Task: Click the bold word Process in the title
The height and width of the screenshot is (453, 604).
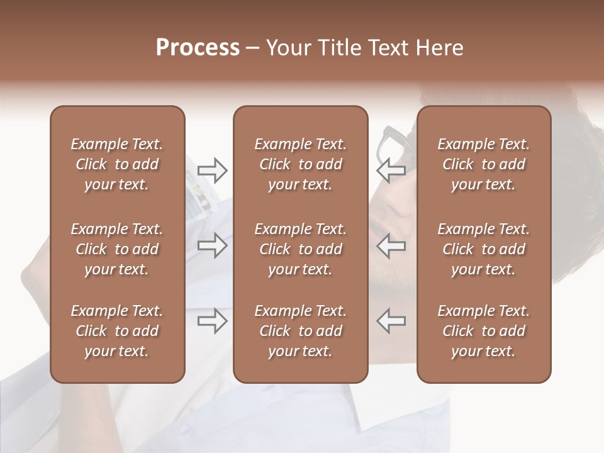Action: point(198,48)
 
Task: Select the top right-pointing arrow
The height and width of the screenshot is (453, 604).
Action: point(212,170)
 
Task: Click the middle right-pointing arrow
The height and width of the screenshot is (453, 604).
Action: point(212,245)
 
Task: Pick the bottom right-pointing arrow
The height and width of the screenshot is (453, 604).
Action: point(212,321)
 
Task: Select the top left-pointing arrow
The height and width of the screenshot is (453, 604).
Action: point(391,170)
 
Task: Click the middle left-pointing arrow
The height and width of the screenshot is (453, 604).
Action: point(391,245)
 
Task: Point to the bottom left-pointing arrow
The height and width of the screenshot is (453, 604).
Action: point(391,321)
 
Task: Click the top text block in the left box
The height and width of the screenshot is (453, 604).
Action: point(117,164)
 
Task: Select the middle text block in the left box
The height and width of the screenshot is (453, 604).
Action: point(117,249)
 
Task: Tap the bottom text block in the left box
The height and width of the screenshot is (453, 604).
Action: point(117,331)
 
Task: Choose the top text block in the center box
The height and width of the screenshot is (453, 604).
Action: point(300,164)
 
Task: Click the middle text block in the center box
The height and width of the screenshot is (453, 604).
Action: point(300,249)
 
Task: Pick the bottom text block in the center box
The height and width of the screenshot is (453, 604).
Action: point(300,331)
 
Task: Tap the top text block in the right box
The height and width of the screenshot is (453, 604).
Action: point(484,164)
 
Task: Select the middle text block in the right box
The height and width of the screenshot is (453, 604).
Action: point(484,249)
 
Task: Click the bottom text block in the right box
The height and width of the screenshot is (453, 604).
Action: point(484,331)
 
